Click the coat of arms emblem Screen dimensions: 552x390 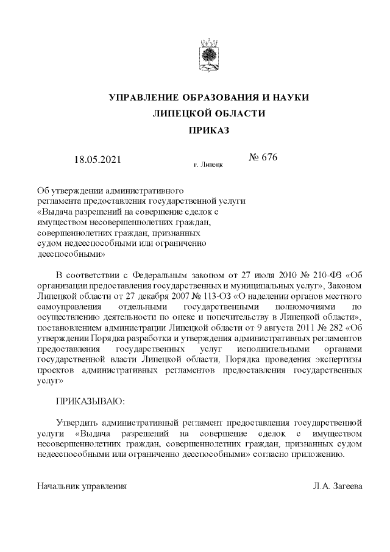coord(208,55)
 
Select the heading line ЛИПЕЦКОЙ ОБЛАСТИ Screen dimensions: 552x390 coord(208,114)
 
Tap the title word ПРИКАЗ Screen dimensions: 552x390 coord(208,130)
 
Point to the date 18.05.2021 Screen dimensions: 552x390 coord(97,160)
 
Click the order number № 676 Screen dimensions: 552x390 coord(263,158)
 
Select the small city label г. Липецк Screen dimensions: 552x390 coord(208,165)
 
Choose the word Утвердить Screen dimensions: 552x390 coord(77,422)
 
